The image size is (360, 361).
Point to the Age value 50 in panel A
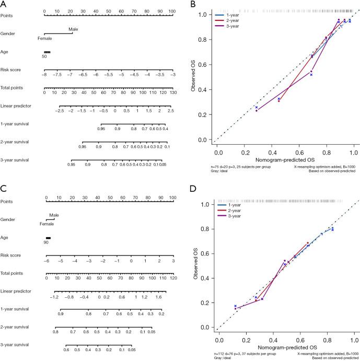[x=44, y=56]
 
